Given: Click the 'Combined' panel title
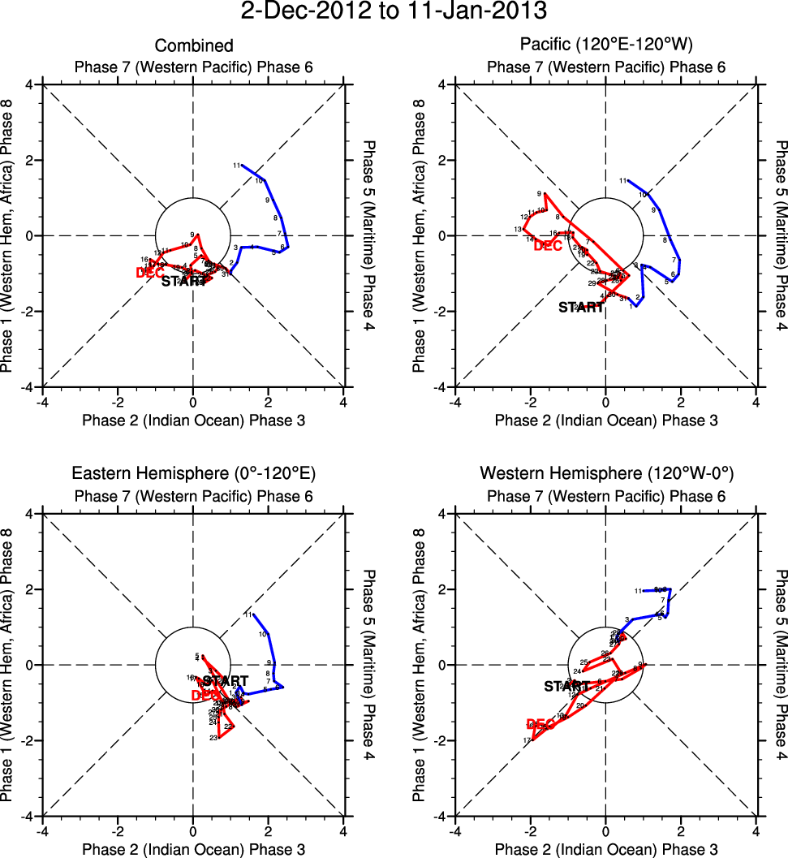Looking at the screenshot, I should (194, 45).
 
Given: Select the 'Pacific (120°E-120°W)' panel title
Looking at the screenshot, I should (604, 45).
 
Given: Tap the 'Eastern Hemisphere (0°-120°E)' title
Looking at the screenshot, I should (194, 473).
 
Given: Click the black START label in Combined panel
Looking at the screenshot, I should (184, 282).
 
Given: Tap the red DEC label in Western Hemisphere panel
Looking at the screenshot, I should (540, 724).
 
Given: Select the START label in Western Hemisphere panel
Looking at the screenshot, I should (566, 686).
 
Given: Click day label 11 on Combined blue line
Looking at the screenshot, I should (237, 166).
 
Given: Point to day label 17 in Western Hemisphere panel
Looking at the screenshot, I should (527, 741).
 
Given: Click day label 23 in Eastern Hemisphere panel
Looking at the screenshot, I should (213, 738).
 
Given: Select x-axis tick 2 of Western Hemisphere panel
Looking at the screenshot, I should (680, 830).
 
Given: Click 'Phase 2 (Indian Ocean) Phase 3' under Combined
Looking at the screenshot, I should (193, 420).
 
